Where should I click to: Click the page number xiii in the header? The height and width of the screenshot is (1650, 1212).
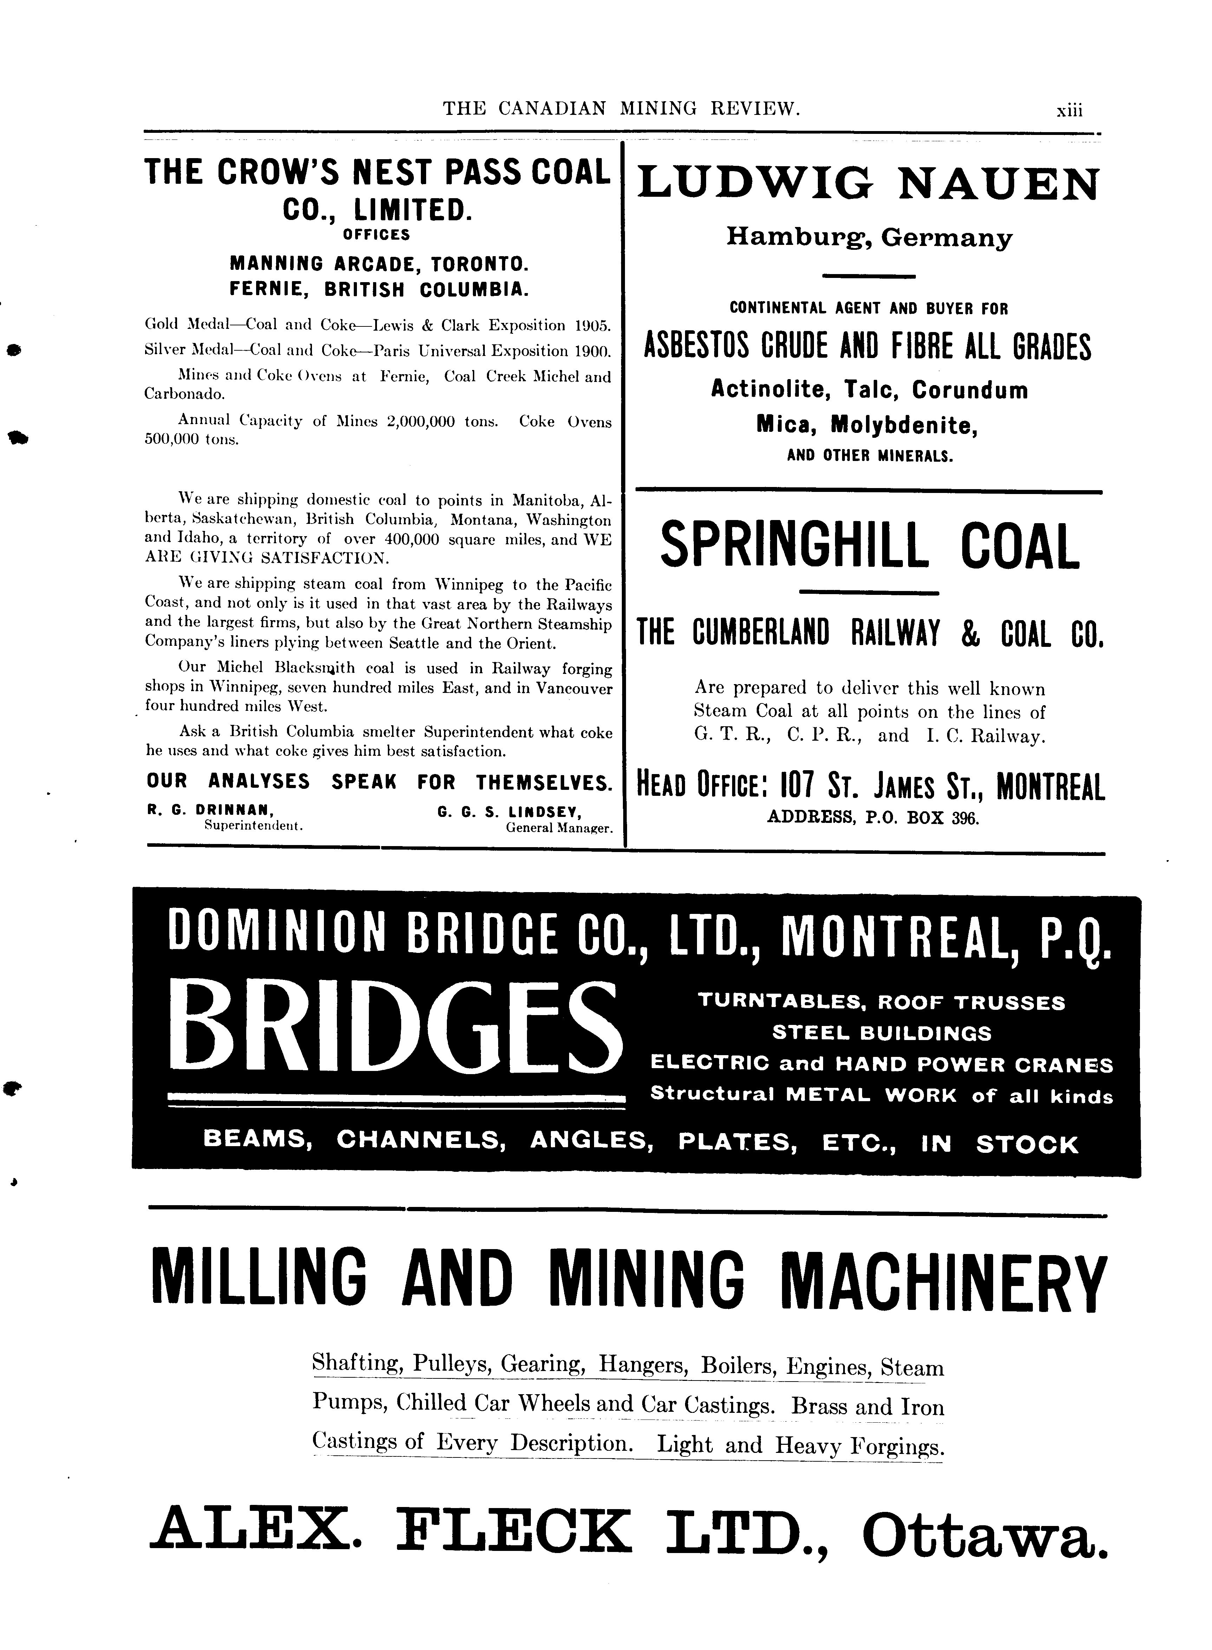tap(1069, 111)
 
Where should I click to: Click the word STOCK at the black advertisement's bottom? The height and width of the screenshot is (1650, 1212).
tap(1027, 1144)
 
